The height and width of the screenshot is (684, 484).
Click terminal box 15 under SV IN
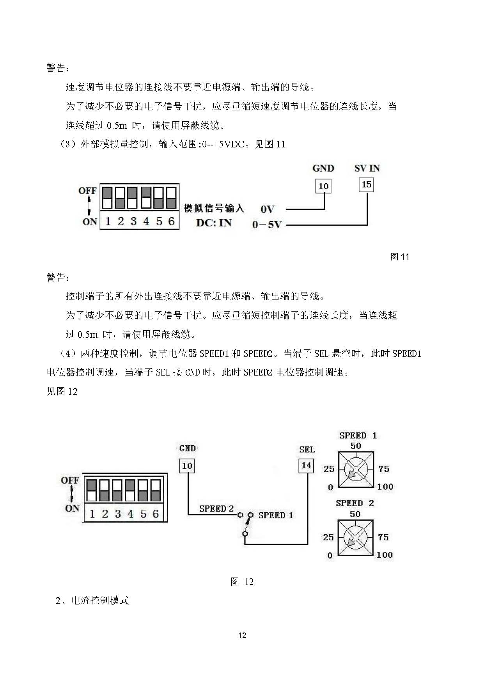click(x=366, y=184)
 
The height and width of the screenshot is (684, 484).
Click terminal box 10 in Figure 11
click(x=323, y=186)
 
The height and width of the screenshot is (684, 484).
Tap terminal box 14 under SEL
click(x=306, y=465)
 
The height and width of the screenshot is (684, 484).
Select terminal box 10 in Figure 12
click(x=187, y=466)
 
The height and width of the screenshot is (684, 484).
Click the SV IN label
click(x=367, y=168)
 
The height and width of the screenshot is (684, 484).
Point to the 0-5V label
click(x=267, y=225)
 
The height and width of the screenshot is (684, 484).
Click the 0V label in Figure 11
click(x=268, y=209)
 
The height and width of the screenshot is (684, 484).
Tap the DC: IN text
click(x=214, y=223)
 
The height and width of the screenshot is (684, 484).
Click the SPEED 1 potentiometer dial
click(x=356, y=469)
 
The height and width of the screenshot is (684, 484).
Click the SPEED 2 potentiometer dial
click(x=355, y=537)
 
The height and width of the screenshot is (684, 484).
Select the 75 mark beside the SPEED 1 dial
click(x=384, y=469)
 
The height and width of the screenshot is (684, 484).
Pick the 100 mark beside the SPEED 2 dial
click(x=385, y=555)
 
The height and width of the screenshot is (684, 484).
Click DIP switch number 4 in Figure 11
click(x=146, y=198)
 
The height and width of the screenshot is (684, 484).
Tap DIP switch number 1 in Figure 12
click(x=92, y=491)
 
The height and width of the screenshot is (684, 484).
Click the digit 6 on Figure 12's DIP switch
click(x=156, y=514)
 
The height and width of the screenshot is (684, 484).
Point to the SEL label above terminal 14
click(x=307, y=449)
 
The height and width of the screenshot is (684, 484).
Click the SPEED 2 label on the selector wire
click(x=216, y=509)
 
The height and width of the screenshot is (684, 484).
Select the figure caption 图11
click(x=400, y=257)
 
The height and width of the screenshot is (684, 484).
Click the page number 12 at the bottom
click(x=242, y=635)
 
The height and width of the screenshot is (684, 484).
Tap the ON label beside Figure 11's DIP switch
click(x=90, y=222)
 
